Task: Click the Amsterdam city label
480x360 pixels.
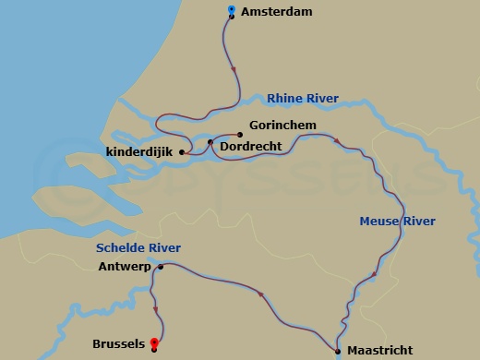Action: (276, 12)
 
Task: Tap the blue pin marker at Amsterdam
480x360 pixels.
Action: (230, 10)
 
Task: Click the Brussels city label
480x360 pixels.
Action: (119, 344)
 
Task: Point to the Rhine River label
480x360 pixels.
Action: (303, 98)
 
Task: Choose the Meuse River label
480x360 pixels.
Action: (397, 221)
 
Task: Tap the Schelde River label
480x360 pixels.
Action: (138, 247)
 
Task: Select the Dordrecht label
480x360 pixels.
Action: (252, 145)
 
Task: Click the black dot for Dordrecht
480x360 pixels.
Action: (210, 142)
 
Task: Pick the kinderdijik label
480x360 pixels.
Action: (140, 152)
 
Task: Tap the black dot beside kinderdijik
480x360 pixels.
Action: (182, 152)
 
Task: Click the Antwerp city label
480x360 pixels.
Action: (123, 268)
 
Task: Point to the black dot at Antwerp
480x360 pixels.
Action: (161, 268)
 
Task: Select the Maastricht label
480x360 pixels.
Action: (379, 351)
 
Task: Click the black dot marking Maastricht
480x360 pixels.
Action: (338, 350)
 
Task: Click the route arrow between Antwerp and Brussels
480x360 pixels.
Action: (154, 310)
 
